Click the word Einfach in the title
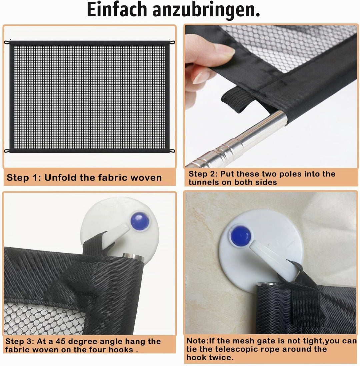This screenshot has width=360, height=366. click(117, 9)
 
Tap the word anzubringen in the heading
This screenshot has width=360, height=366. click(206, 11)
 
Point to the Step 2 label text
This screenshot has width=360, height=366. click(203, 174)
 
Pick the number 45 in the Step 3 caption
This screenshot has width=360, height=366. click(60, 341)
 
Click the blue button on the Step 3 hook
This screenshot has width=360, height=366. click(140, 221)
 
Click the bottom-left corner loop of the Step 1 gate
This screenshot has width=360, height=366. click(7, 151)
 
